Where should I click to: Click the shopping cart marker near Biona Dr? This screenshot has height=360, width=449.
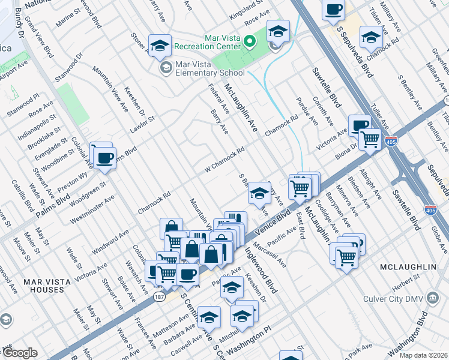pos(370,139)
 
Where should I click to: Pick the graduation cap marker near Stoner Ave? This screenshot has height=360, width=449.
pos(160,45)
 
